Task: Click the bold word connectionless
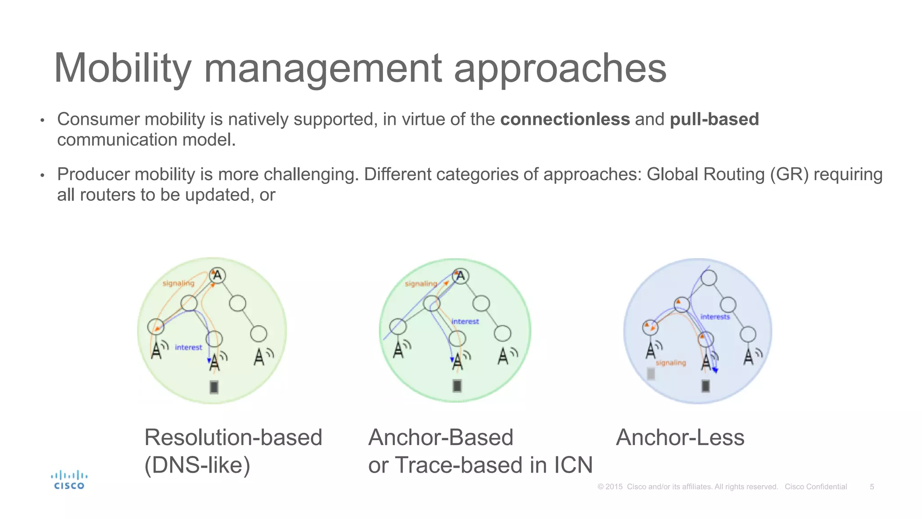565,119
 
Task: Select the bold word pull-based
714,119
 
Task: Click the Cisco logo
69,480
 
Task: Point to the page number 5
872,487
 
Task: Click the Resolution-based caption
233,437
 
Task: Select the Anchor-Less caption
680,437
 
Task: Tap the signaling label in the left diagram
178,283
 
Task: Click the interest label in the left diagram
188,347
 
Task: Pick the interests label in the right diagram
715,317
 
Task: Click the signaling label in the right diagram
671,363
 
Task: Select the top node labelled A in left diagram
217,275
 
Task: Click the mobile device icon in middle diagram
457,386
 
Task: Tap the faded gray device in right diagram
651,373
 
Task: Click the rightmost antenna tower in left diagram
259,357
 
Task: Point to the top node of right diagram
709,278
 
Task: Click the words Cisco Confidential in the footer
816,487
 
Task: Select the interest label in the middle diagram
465,321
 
